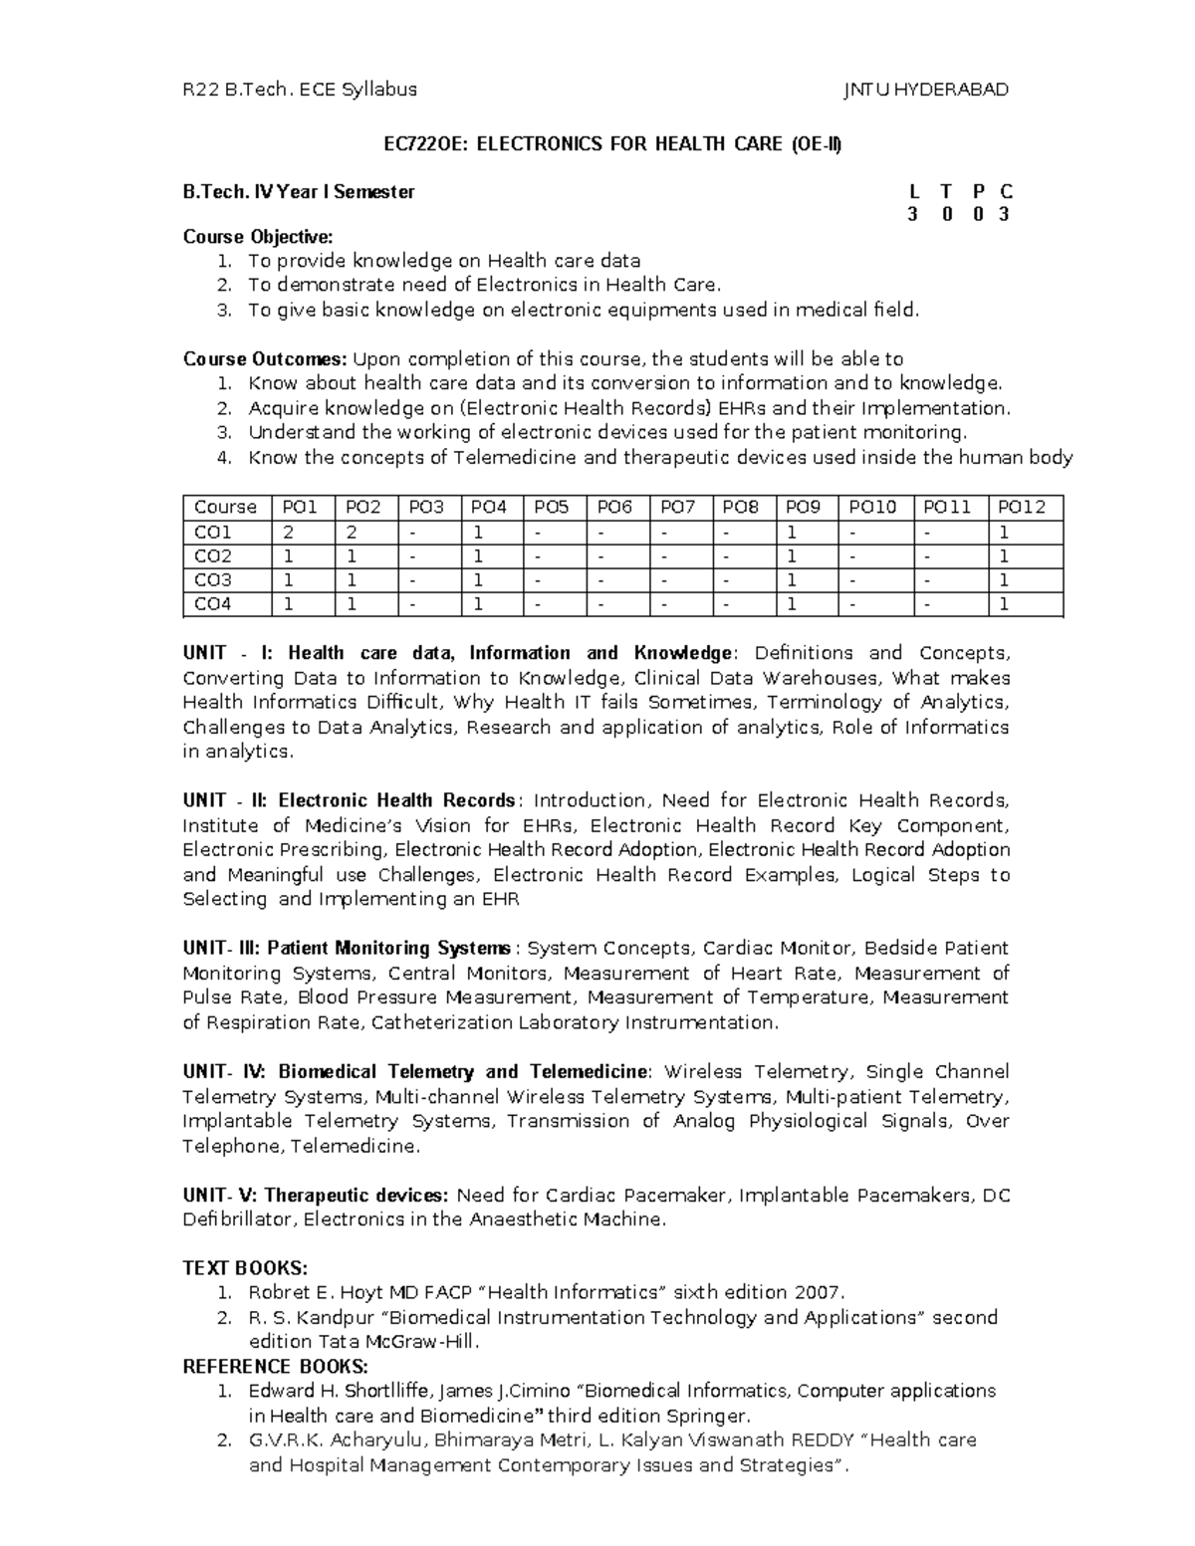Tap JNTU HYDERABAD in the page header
coord(926,90)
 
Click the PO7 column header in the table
coord(677,507)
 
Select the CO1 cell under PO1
coord(289,533)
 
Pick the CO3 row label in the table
coord(213,580)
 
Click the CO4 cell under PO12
coord(1005,604)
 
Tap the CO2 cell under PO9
coord(791,556)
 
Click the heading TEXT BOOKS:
coord(246,1268)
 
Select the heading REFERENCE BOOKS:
coord(276,1366)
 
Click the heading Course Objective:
coord(257,237)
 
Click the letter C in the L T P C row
coord(1007,192)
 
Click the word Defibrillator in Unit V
coord(239,1219)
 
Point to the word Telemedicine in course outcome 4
coord(510,458)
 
